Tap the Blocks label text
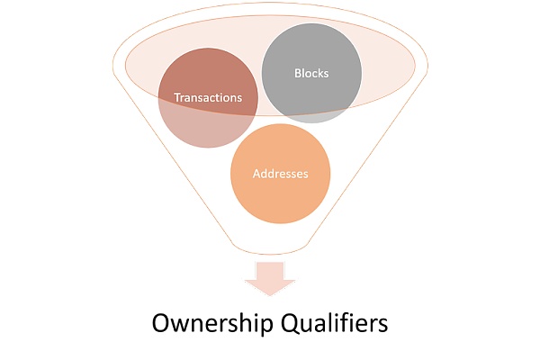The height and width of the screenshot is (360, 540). [x=311, y=73]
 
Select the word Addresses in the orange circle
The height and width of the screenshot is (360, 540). [x=281, y=174]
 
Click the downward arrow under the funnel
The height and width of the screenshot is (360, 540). [x=269, y=278]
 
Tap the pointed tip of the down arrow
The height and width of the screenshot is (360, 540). [x=269, y=294]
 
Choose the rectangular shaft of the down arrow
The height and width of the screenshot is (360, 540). [x=269, y=270]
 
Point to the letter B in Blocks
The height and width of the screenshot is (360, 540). [x=297, y=73]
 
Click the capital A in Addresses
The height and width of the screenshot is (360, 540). [x=257, y=174]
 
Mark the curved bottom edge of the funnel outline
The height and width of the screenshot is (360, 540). [x=269, y=251]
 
